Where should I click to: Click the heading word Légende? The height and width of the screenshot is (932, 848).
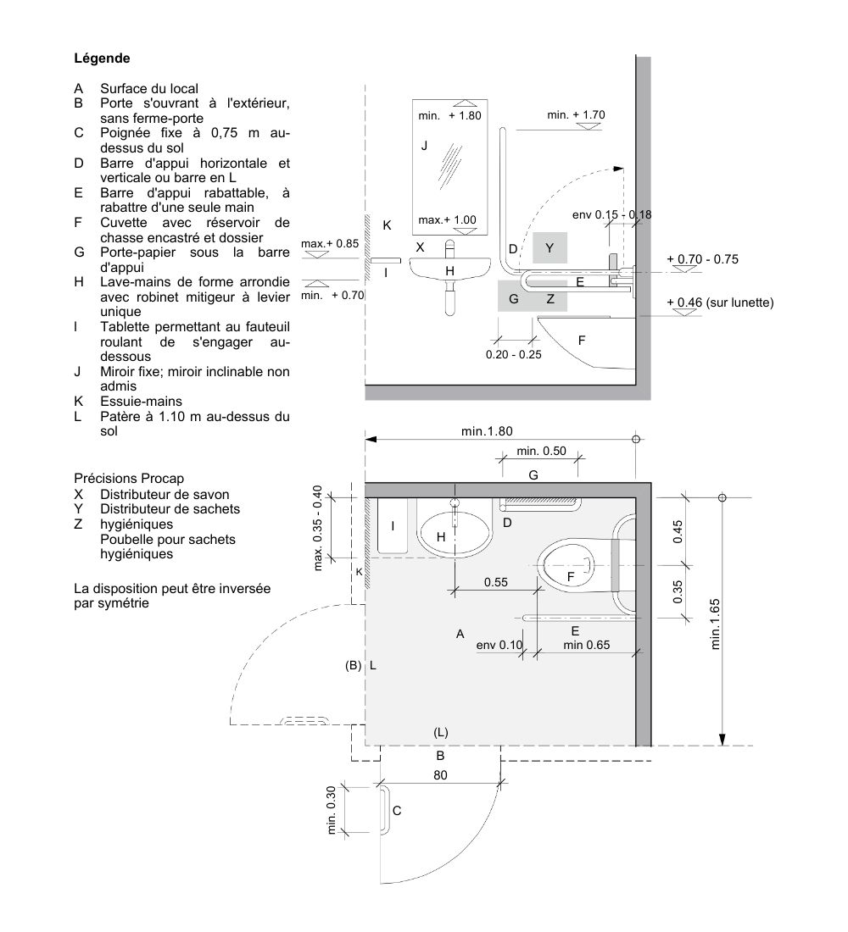102,59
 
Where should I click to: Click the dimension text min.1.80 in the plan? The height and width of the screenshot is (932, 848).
487,431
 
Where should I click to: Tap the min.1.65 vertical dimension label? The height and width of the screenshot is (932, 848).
715,624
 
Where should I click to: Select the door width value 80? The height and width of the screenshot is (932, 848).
440,774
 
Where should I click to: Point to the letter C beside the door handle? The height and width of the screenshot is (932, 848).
396,811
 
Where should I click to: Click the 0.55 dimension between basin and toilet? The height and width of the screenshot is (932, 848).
496,582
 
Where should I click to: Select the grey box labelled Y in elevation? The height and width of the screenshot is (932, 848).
550,247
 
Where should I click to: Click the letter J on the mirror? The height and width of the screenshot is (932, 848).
424,146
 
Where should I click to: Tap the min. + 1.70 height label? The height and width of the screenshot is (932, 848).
577,114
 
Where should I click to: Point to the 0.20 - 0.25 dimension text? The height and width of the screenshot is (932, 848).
513,354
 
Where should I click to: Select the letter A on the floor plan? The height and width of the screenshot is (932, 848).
460,634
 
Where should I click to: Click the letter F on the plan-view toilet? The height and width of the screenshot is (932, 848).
571,576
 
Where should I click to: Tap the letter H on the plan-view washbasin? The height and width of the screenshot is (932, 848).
440,536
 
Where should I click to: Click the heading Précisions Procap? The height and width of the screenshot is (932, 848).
128,479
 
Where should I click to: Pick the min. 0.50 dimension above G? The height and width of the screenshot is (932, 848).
541,451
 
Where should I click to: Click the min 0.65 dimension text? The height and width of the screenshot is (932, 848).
586,646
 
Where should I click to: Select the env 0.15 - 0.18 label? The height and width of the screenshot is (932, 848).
611,214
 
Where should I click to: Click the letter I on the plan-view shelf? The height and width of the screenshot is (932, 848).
392,526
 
